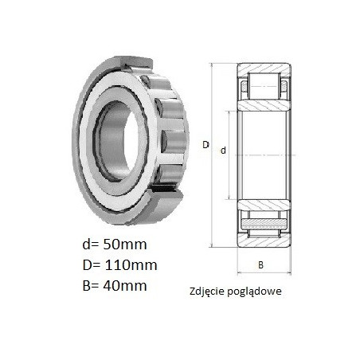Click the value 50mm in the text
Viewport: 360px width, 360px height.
click(125, 245)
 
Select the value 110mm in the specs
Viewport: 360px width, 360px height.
click(131, 265)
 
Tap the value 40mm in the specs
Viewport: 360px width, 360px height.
click(125, 286)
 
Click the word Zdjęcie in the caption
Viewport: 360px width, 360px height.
click(205, 292)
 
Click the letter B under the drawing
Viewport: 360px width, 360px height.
click(260, 265)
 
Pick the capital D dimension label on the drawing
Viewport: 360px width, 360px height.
click(205, 145)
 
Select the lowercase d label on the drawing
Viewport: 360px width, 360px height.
click(223, 151)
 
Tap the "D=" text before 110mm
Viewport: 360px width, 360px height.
click(92, 265)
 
